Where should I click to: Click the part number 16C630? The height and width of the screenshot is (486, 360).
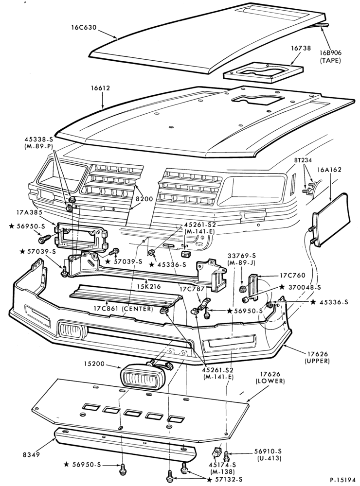coord(84,27)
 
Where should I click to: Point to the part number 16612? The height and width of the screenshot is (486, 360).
coord(100,88)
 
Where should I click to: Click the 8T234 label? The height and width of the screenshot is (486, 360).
coord(303,160)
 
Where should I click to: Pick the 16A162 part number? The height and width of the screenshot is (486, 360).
coord(329,170)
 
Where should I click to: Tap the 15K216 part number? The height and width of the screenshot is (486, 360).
coord(149,287)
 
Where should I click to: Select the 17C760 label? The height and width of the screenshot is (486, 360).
coord(292,275)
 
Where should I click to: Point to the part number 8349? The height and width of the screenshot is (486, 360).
coord(31,455)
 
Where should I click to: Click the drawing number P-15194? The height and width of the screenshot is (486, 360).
coord(342,480)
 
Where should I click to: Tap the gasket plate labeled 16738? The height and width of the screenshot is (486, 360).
coord(263,73)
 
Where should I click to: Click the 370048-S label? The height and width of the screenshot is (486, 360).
coord(305,287)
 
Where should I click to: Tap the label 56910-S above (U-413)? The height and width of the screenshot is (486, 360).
coord(269,452)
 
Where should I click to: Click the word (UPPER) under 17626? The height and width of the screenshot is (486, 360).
coord(317,361)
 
